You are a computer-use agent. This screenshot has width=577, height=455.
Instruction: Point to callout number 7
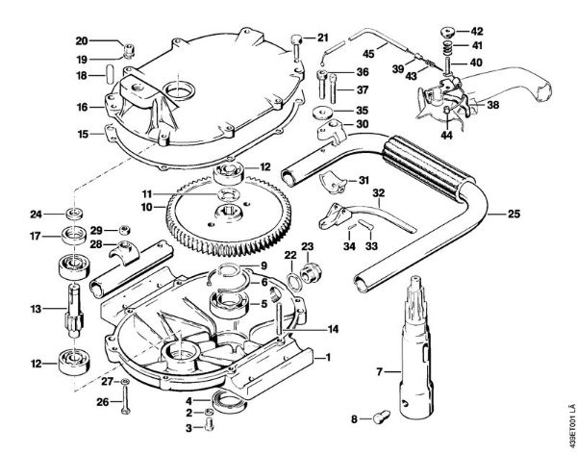pos(353,370)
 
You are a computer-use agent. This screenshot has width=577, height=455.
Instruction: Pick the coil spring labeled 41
pos(448,44)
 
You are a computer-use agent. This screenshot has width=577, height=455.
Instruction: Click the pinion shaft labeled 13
pos(71,310)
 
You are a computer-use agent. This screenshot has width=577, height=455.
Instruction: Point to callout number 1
pos(329,357)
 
